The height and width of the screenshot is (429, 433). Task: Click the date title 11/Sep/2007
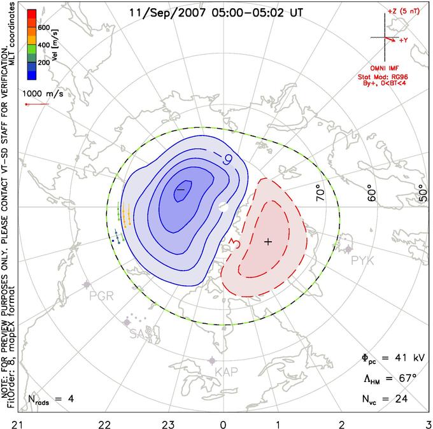tap(159, 12)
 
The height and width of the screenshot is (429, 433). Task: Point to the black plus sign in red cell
tap(268, 242)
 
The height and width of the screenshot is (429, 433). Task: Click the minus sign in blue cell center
tap(180, 189)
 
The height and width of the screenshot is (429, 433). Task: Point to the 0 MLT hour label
tap(223, 423)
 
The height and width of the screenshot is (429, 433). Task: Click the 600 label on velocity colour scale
tap(43, 28)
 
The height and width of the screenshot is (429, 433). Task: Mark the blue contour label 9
tap(227, 157)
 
